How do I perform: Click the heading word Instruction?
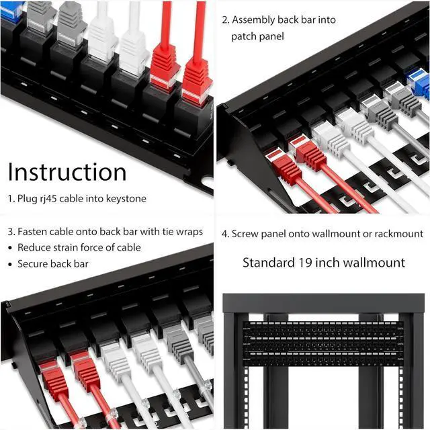point(67,173)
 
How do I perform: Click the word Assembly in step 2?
point(255,20)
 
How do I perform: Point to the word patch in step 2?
point(245,36)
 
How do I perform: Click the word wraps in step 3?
point(189,232)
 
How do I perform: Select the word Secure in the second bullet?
point(34,263)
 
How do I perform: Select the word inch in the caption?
point(329,262)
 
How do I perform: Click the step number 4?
point(224,234)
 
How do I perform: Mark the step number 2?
point(225,20)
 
